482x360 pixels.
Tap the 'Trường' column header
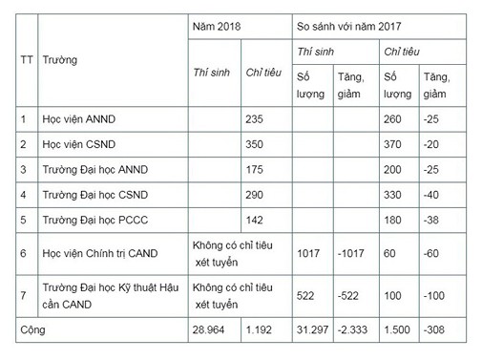tap(60, 60)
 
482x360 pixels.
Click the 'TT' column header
tap(27, 60)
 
